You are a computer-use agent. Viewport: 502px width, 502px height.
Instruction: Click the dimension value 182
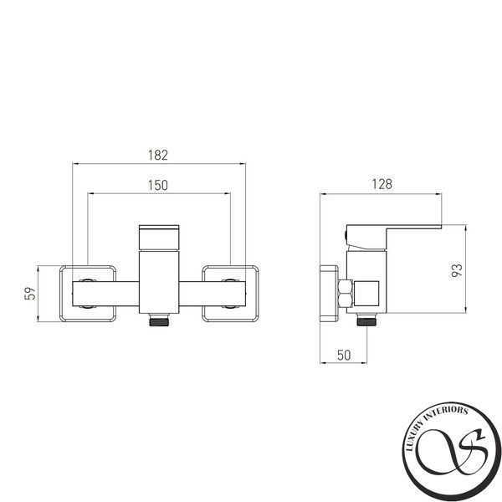coord(158,155)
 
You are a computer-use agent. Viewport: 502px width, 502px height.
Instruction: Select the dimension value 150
coord(158,185)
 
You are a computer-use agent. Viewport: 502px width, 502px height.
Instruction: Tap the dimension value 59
coord(30,293)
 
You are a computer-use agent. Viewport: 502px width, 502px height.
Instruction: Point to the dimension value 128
coord(382,184)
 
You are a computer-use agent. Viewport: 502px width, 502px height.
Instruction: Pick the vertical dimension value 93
coord(457,270)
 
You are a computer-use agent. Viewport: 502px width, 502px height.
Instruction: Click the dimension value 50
coord(344,355)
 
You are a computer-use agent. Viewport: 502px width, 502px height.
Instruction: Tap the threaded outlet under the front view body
coord(159,320)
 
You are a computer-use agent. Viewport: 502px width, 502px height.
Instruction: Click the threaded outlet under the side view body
coord(367,320)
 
